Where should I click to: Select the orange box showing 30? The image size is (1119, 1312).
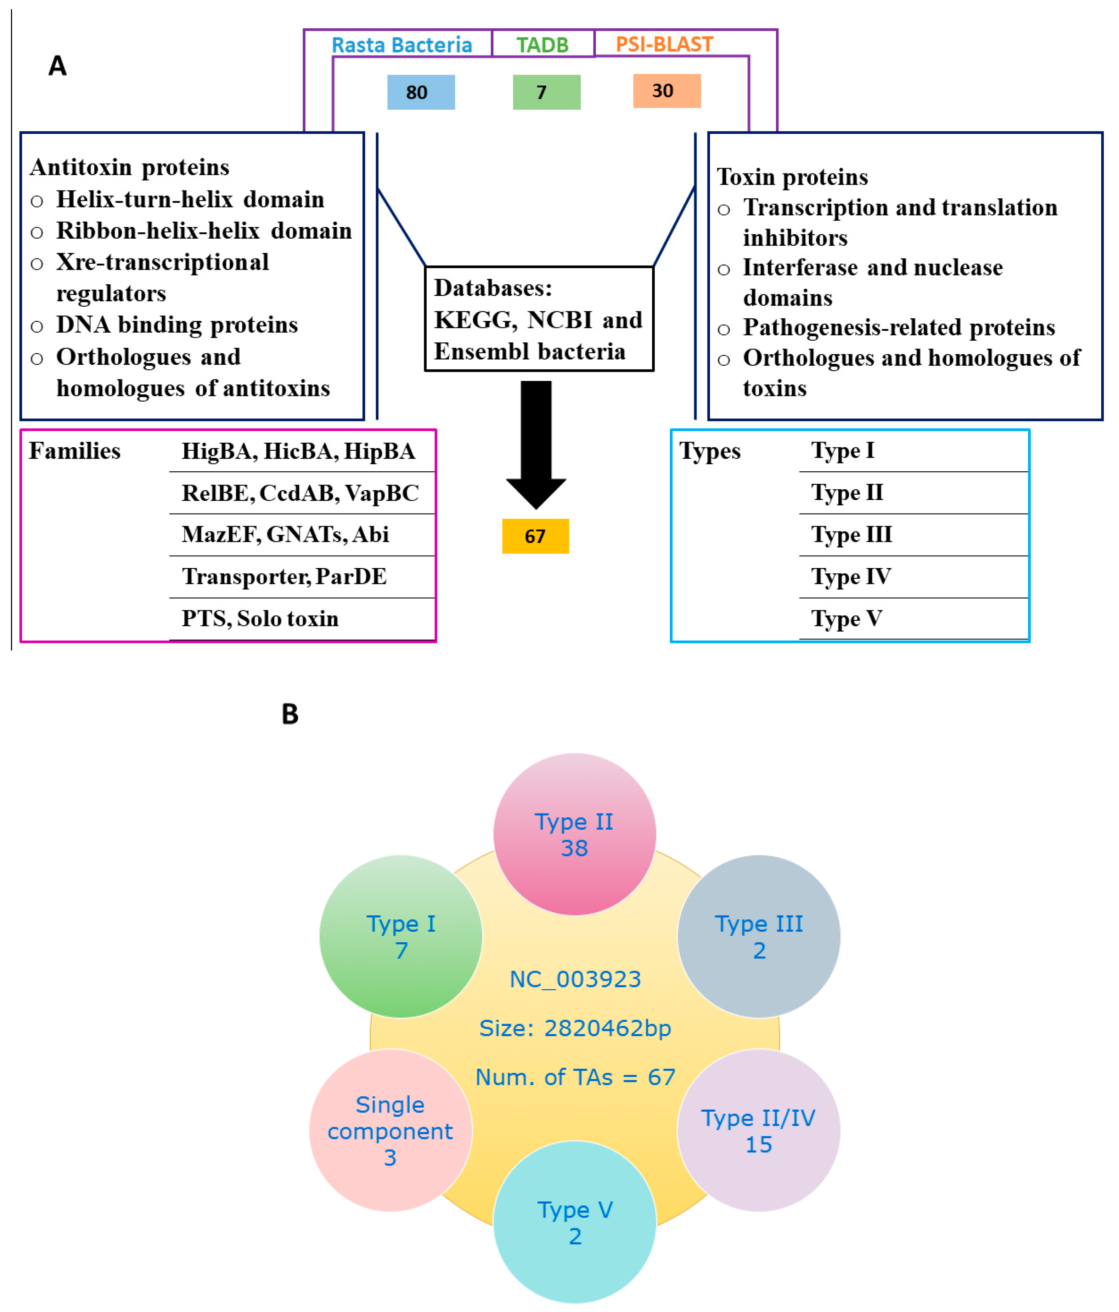click(667, 91)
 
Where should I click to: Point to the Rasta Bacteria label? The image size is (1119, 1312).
click(402, 45)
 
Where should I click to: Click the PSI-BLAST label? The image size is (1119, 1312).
click(664, 44)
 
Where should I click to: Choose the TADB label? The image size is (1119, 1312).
click(542, 45)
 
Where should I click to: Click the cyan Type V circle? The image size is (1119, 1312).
click(574, 1222)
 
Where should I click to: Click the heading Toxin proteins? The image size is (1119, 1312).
click(792, 177)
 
